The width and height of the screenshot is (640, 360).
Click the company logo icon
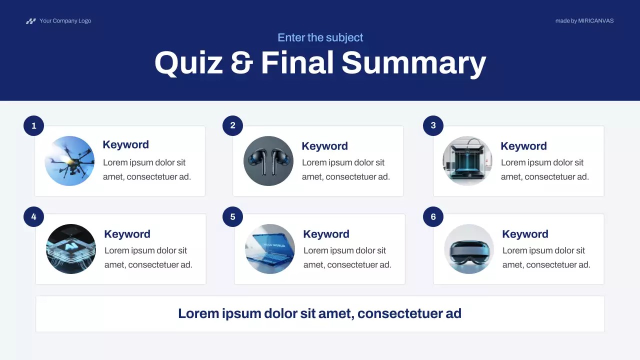[31, 21]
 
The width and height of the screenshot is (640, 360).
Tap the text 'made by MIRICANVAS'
[584, 21]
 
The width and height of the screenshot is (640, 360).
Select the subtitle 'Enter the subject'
[320, 37]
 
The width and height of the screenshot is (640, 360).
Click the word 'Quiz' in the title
[188, 63]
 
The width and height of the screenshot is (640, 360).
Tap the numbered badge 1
[33, 126]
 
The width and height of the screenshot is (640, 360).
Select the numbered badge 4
[33, 217]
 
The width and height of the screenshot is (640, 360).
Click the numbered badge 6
[433, 217]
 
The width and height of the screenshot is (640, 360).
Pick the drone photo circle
[69, 161]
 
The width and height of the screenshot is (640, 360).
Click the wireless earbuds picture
[268, 161]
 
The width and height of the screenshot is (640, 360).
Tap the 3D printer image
[467, 161]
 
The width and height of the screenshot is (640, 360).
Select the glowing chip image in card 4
[71, 249]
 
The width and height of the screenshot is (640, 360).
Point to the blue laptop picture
[270, 249]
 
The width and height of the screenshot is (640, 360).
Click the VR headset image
[469, 249]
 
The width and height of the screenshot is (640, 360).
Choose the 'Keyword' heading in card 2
[324, 146]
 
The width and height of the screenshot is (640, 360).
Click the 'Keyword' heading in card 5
[326, 234]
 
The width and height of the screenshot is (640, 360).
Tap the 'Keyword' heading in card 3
[523, 146]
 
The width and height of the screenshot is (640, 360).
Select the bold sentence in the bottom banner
[319, 313]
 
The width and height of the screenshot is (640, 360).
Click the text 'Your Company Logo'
[65, 21]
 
